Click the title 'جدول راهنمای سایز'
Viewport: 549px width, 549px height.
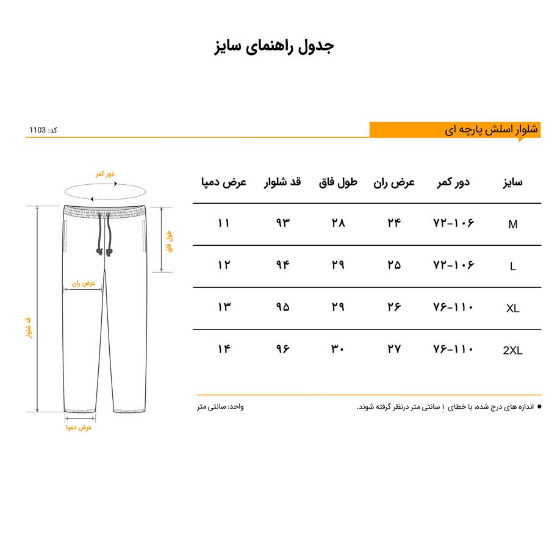[274, 47]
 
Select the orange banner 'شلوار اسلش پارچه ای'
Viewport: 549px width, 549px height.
[491, 130]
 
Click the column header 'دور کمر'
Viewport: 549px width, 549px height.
[453, 182]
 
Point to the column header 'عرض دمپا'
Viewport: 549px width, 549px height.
[224, 182]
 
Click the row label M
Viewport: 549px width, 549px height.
[512, 224]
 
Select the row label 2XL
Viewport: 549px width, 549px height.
[512, 351]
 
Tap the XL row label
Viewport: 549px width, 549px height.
[512, 309]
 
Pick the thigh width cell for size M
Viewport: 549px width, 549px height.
[395, 223]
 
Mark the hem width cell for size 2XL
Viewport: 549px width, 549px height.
[224, 349]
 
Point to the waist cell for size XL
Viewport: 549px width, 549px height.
[453, 307]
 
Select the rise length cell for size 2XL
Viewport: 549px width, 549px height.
[338, 349]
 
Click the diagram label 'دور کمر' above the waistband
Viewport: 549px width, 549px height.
[104, 174]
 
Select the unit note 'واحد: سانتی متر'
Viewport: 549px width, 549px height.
[220, 406]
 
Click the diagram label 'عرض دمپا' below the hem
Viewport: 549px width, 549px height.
[79, 427]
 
